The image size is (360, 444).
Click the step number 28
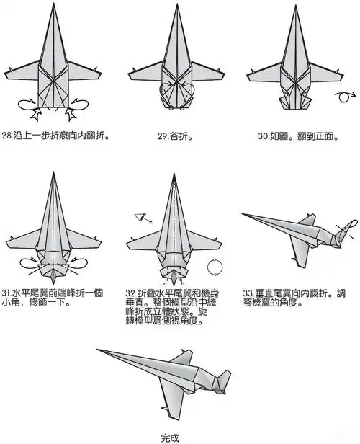[9, 135]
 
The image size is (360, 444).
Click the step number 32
[131, 293]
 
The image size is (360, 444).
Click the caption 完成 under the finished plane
[170, 436]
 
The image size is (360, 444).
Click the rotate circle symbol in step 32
[214, 267]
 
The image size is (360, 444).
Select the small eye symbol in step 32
[140, 216]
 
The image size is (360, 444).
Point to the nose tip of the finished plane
[99, 351]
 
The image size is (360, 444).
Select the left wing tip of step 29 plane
[129, 74]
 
